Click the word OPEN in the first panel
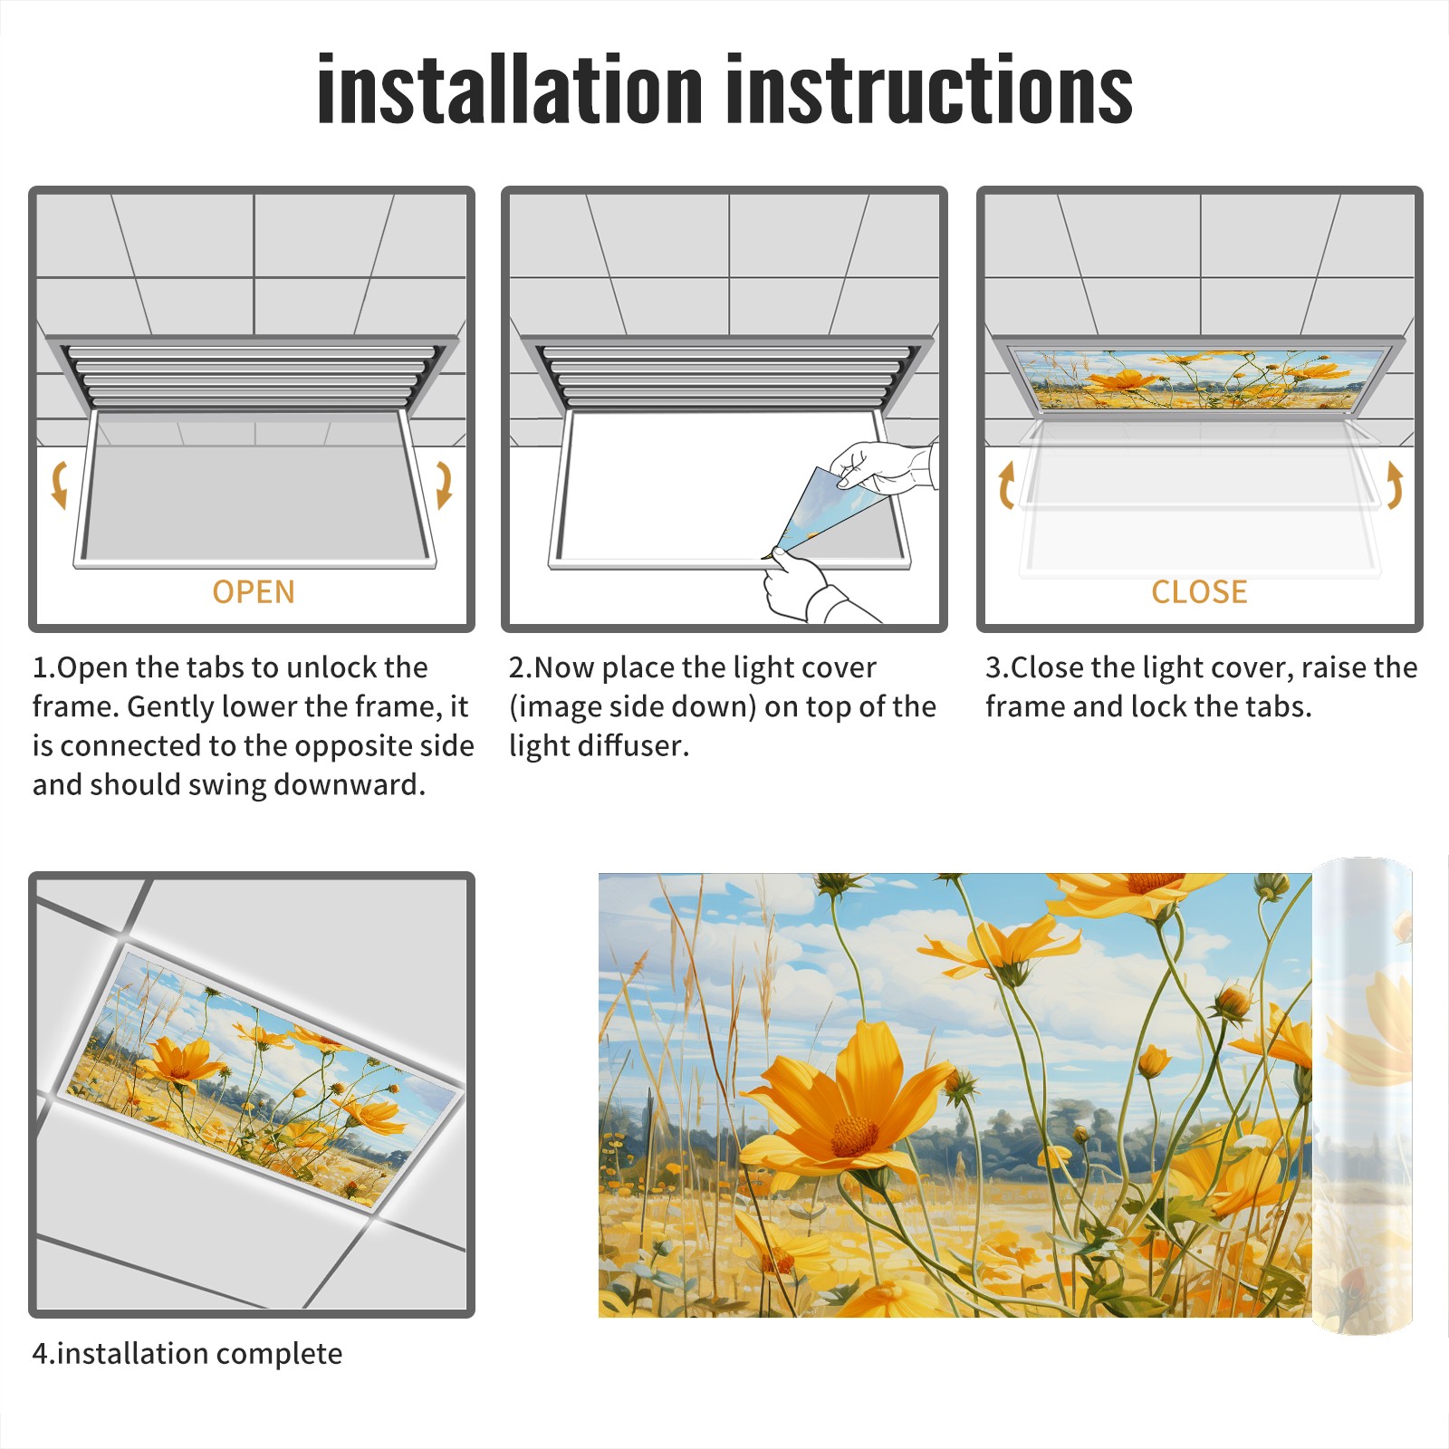coord(254,592)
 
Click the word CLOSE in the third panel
coord(1199,592)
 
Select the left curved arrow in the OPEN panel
coord(59,485)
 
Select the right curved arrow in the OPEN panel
coord(444,485)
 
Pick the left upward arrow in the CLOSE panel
coord(1006,485)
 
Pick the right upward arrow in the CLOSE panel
coord(1395,485)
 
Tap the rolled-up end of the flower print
coord(1362,1096)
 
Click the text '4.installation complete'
coord(187,1354)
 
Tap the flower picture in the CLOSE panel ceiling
coord(1199,378)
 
